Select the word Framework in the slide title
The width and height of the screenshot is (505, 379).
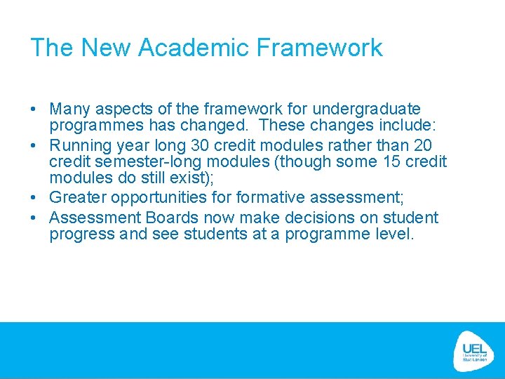(x=319, y=48)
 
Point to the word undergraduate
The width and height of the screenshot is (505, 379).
(x=367, y=109)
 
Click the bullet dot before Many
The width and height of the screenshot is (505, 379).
(x=34, y=109)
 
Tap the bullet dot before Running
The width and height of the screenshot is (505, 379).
(x=34, y=146)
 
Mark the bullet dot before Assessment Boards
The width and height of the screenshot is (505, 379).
(x=34, y=218)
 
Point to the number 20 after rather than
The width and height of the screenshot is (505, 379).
(x=423, y=146)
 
